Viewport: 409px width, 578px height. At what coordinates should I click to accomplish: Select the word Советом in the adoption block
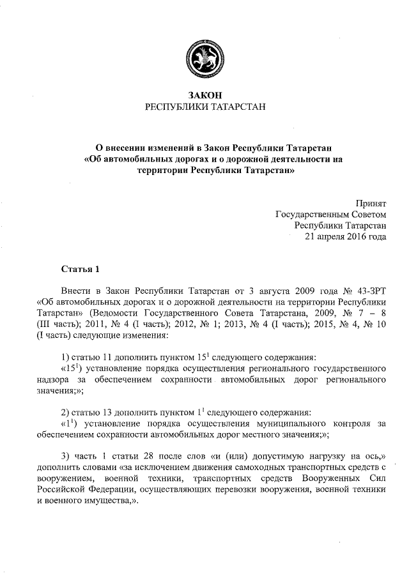click(366, 214)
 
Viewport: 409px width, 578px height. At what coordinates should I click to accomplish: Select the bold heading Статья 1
click(81, 267)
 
